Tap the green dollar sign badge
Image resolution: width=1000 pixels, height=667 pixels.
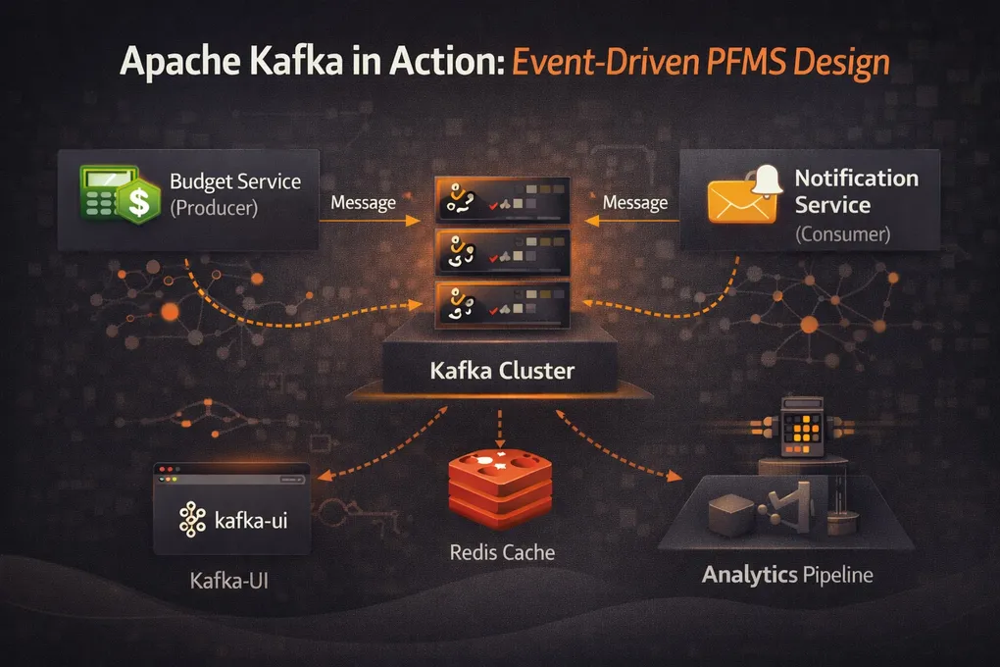click(140, 203)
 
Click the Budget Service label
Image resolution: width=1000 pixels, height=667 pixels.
click(235, 181)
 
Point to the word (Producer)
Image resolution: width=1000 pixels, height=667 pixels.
click(214, 208)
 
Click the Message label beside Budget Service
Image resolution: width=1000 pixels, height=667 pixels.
click(364, 202)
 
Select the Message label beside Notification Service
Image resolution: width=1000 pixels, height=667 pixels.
click(635, 202)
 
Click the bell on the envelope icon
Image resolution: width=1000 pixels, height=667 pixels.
click(767, 179)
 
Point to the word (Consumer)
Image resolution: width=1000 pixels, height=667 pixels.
click(841, 234)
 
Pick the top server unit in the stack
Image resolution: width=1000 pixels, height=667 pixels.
click(501, 198)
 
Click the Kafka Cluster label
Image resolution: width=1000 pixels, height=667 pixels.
click(503, 372)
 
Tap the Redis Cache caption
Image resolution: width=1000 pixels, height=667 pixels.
click(502, 552)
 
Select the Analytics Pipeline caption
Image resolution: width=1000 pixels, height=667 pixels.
click(787, 574)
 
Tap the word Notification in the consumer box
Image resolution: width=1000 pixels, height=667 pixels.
click(856, 179)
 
